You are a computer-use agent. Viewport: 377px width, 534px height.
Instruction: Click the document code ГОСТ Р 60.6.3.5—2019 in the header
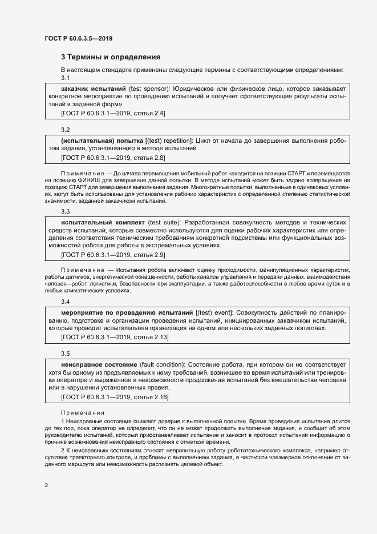78,38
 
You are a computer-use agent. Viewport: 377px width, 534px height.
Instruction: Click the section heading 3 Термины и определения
110,57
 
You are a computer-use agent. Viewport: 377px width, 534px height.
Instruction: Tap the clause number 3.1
65,78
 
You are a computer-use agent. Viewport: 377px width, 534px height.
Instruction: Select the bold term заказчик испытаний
93,89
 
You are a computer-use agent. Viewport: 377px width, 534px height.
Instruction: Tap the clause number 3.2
65,130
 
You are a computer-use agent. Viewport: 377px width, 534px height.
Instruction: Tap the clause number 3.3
65,211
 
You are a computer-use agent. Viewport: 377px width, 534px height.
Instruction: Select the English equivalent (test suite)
164,222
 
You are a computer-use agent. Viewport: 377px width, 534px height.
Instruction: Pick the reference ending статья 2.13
115,338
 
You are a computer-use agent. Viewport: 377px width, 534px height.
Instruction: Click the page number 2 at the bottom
46,485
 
